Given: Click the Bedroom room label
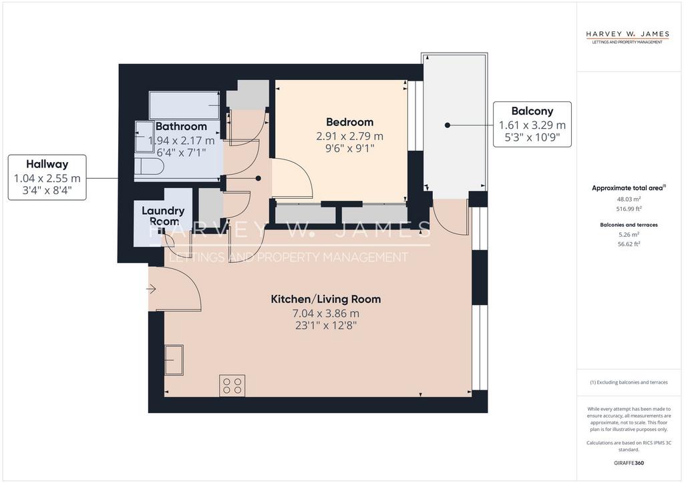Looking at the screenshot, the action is point(349,122).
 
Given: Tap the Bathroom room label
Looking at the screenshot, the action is point(181,126).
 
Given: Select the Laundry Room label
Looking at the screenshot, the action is point(163,216).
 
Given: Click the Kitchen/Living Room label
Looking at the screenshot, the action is point(326,300).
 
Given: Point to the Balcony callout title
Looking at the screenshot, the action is point(532,111).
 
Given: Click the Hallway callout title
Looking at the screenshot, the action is point(47,164).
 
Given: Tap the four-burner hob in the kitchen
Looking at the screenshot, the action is point(232,386).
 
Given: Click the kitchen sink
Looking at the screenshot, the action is point(174,360).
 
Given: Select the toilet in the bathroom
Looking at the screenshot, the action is point(149,166).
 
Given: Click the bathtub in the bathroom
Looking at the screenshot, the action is point(184,105).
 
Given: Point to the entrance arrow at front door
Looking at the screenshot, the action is point(152,289).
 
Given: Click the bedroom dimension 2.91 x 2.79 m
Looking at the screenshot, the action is point(349,136).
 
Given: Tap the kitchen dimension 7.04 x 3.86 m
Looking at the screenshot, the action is point(326,313).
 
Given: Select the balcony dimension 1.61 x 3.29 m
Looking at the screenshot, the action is point(532,125).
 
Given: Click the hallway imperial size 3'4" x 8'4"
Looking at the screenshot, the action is point(47,190).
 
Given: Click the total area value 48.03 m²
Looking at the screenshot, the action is point(629,199).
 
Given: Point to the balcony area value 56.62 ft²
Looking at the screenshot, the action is point(629,244).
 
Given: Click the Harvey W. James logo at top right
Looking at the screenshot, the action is point(627,37).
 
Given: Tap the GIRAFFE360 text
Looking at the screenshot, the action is point(629,463).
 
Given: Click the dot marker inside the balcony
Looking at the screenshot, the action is point(447,125).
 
